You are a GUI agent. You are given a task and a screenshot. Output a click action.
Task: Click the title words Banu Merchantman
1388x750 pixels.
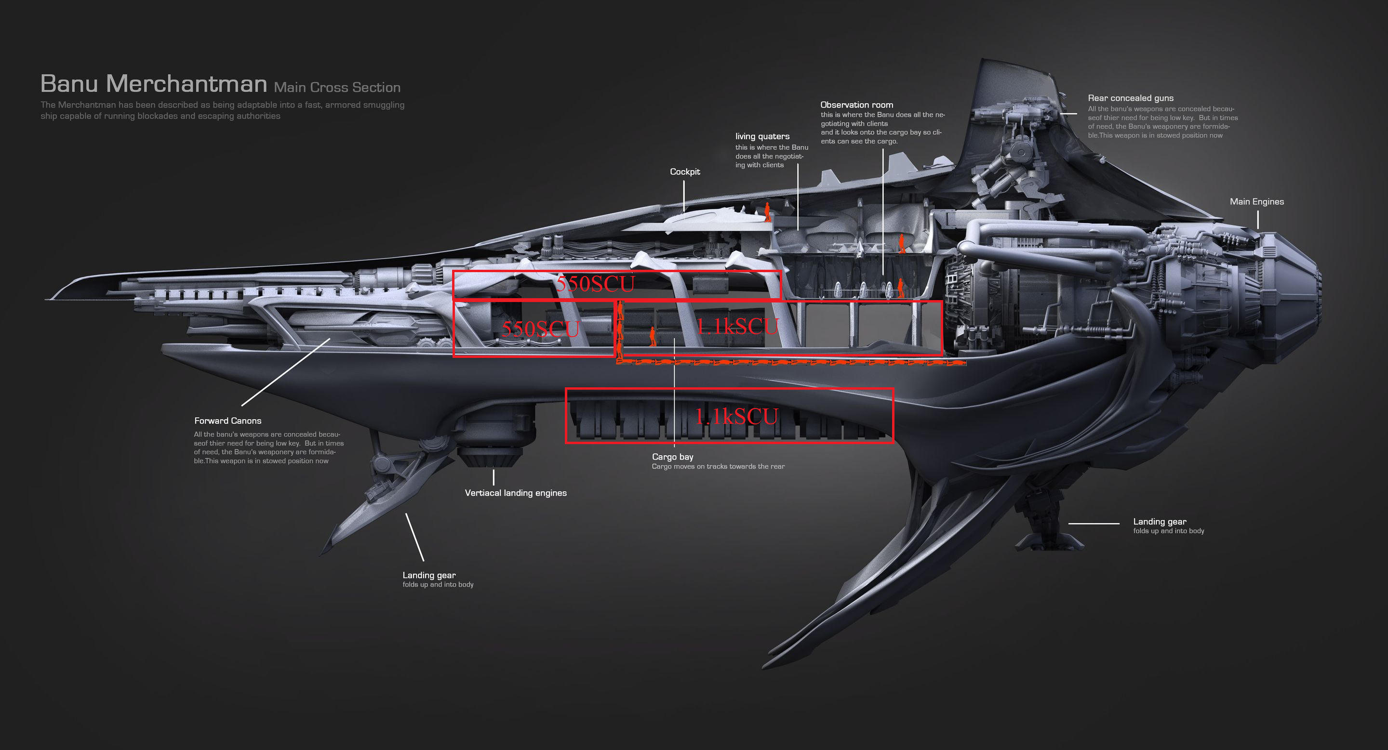[x=154, y=84]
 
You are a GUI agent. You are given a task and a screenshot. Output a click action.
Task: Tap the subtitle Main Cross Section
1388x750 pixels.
[x=337, y=87]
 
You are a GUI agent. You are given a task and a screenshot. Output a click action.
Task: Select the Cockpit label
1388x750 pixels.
[x=685, y=172]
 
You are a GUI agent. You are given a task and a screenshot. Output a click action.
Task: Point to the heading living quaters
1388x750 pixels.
[x=762, y=137]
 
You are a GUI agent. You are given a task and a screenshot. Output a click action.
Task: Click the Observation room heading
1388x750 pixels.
[x=857, y=105]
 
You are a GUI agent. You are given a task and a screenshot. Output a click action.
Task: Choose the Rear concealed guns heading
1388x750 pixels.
[x=1131, y=98]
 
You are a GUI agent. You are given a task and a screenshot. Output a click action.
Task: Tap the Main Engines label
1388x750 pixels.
[x=1256, y=202]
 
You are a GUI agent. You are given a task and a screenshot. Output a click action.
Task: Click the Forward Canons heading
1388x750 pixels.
[x=228, y=421]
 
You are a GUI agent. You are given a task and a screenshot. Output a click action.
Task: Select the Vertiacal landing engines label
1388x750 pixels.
[x=516, y=493]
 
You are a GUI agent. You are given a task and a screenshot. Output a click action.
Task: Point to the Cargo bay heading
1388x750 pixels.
[x=672, y=457]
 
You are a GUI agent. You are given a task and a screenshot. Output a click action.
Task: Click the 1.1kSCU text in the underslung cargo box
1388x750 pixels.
[x=736, y=416]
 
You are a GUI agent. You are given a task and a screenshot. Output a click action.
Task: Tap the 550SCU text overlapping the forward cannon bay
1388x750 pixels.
[x=540, y=329]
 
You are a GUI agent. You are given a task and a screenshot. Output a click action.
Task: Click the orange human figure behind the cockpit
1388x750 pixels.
[x=767, y=212]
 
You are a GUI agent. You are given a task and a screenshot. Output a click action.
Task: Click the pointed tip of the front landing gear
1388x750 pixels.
[x=321, y=554]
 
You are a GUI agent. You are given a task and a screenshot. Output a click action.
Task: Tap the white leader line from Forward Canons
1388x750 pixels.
[x=286, y=372]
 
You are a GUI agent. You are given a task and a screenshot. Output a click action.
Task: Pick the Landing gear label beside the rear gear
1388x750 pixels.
[x=1160, y=522]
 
